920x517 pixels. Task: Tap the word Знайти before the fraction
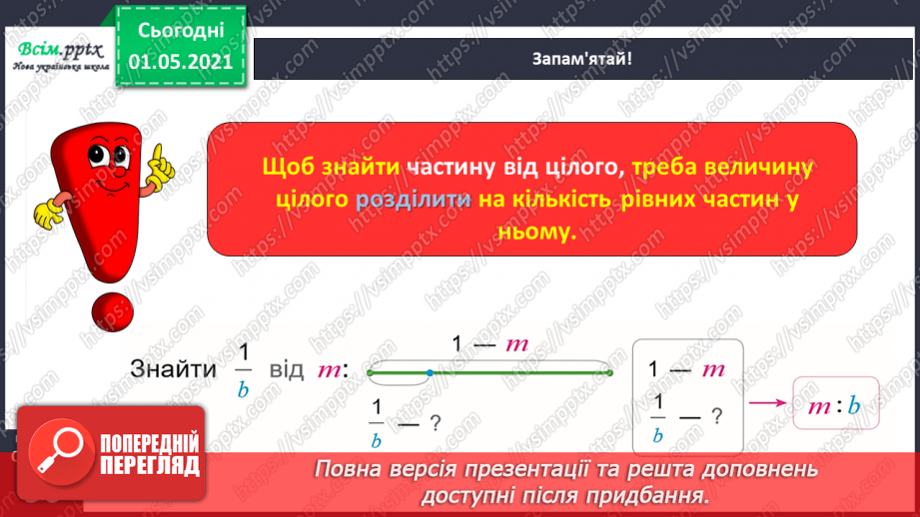click(173, 370)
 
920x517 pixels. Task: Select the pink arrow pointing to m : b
click(767, 404)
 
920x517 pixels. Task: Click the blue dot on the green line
click(430, 373)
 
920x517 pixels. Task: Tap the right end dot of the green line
click(610, 373)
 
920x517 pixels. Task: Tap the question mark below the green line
click(435, 422)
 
